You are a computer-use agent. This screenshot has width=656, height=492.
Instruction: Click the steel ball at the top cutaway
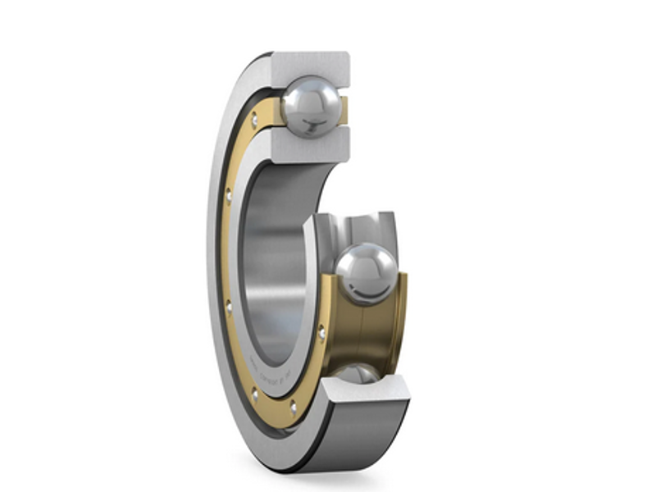click(311, 104)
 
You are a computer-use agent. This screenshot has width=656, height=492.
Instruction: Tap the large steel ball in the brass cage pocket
click(367, 274)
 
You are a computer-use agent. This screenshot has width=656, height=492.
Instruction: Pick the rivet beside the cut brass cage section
click(321, 332)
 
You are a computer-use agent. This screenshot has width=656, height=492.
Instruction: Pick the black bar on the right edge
click(602, 246)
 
